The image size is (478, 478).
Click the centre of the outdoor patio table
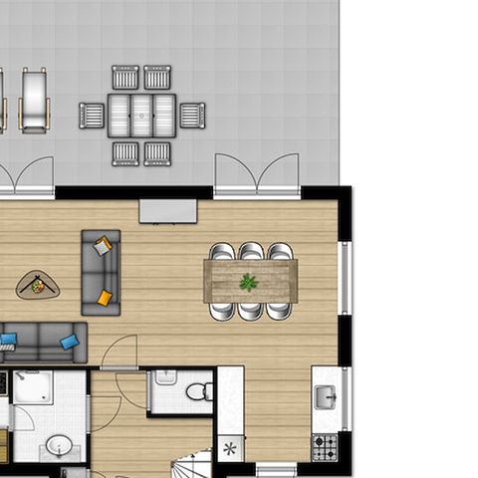click(x=141, y=115)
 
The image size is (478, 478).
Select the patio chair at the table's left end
click(x=92, y=116)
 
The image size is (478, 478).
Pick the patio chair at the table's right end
click(x=192, y=115)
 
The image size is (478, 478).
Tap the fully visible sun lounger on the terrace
click(x=34, y=100)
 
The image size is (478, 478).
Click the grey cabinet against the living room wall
click(x=167, y=211)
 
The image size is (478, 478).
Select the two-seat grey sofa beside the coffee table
click(x=101, y=272)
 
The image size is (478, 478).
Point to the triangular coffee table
click(x=38, y=287)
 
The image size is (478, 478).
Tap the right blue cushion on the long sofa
click(x=70, y=342)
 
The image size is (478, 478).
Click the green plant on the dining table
click(x=248, y=283)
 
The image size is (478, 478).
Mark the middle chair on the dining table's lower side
click(x=251, y=310)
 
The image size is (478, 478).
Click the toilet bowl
click(x=198, y=389)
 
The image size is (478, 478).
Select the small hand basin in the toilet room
click(x=165, y=377)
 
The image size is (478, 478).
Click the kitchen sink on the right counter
click(x=325, y=397)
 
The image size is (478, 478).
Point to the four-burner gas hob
click(x=325, y=447)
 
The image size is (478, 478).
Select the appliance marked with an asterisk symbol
click(x=230, y=449)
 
